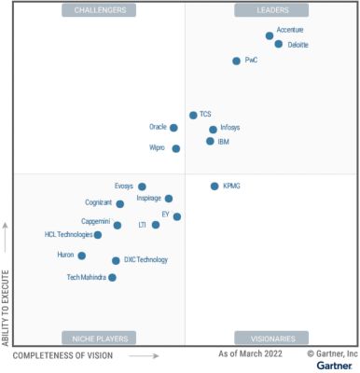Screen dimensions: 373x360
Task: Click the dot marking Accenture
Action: pos(270,35)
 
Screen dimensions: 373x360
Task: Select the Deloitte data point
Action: pos(279,44)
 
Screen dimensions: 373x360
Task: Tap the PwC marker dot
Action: pos(237,61)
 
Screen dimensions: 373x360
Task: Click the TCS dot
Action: pos(193,115)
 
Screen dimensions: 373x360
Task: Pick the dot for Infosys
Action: pos(214,130)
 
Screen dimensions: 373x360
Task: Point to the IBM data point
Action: pos(210,142)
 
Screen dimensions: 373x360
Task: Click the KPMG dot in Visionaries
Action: pos(215,186)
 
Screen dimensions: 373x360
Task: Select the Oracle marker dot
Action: pos(173,128)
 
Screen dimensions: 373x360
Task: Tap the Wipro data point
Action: pos(176,148)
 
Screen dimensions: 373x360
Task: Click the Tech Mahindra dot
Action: pos(113,277)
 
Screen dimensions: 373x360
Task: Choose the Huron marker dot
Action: pos(82,255)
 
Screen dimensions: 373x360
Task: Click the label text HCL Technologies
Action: pos(68,235)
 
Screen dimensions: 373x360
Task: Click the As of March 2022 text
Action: pos(250,355)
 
